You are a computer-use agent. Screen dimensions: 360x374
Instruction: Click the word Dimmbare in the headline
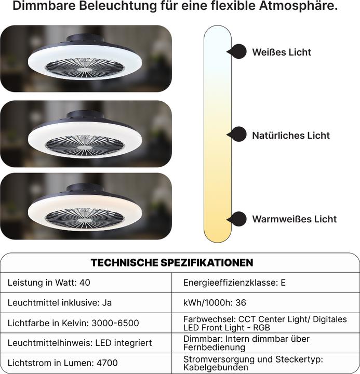point(44,6)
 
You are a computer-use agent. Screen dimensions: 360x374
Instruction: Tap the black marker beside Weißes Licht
point(237,51)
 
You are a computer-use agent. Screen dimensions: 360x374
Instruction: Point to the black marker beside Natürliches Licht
point(237,135)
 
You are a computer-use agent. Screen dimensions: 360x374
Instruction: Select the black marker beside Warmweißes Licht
point(237,219)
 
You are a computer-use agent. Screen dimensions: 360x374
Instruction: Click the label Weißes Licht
point(282,52)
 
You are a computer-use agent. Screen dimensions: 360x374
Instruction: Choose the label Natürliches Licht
point(291,136)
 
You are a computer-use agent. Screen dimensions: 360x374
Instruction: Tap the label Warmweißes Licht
point(295,219)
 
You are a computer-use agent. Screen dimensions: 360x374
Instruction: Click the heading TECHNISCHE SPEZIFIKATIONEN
point(172,263)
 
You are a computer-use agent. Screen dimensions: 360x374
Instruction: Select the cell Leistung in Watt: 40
point(49,283)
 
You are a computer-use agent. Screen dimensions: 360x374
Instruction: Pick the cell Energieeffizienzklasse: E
point(234,283)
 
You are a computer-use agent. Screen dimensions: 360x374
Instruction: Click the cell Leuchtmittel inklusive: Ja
point(60,303)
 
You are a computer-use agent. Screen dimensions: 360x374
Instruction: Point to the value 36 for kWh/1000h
point(241,303)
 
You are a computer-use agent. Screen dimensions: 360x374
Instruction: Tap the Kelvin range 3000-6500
point(115,323)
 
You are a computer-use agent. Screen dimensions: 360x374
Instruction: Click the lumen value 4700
point(107,363)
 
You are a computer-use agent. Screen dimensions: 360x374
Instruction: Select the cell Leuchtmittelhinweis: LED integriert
point(79,343)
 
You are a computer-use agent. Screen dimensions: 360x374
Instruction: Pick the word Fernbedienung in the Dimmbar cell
point(214,348)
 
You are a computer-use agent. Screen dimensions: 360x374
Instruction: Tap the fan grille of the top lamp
point(85,68)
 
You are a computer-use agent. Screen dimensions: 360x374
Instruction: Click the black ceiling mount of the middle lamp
point(85,114)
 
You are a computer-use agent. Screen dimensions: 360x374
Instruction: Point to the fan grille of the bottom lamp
point(85,218)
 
